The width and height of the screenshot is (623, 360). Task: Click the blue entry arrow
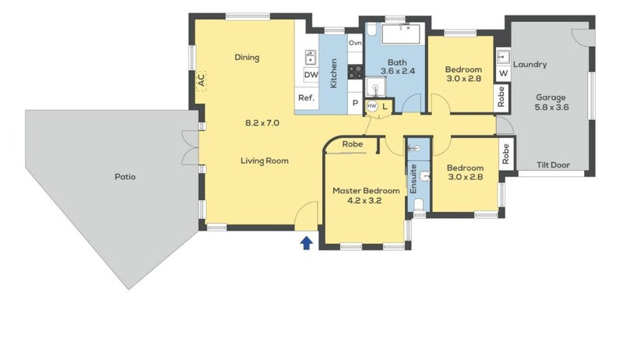click(306, 243)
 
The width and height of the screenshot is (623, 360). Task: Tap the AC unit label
click(202, 79)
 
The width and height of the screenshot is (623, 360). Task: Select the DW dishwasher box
click(311, 74)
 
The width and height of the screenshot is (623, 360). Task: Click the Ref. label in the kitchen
click(306, 97)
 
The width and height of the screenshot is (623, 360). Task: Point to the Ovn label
click(355, 43)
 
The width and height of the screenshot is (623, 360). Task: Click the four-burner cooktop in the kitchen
click(355, 72)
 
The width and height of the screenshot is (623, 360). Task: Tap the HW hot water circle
click(372, 106)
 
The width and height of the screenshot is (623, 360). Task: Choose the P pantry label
click(355, 103)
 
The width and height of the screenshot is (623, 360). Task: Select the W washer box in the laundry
click(503, 73)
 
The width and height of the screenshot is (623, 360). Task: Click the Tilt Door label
click(553, 164)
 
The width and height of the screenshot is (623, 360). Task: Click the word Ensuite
click(414, 178)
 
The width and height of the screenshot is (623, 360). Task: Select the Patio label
click(125, 177)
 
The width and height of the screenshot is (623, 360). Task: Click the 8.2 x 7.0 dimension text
click(262, 123)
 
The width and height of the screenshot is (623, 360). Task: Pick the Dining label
click(247, 57)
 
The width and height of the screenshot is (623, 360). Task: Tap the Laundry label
click(530, 65)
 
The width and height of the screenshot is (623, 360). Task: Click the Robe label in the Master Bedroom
click(353, 144)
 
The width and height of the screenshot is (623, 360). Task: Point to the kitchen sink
click(310, 58)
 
